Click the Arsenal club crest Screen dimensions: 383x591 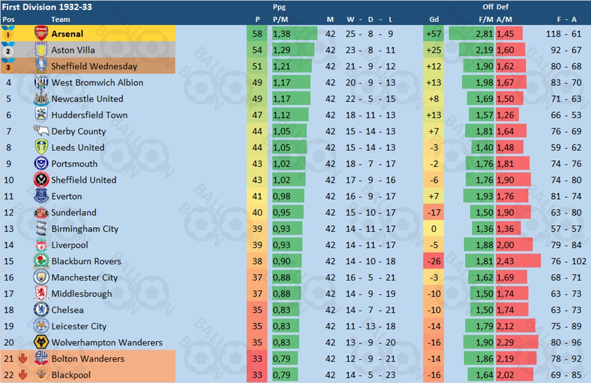tap(41, 34)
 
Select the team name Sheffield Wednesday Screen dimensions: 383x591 tap(94, 66)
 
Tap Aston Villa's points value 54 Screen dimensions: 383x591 tap(257, 50)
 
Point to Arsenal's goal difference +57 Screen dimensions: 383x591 tap(432, 34)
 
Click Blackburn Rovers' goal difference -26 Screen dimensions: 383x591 tap(432, 262)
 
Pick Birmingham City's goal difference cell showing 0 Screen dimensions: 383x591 tap(432, 229)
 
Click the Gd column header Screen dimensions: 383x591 tap(432, 19)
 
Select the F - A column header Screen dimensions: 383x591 tap(566, 19)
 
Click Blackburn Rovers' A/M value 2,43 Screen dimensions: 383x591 tap(506, 262)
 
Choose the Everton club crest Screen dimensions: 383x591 tap(41, 197)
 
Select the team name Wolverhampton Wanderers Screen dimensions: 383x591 tap(107, 343)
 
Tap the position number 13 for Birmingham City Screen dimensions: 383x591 tap(9, 229)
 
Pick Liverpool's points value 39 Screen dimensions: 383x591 tap(257, 245)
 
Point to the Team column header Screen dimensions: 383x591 tap(61, 19)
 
